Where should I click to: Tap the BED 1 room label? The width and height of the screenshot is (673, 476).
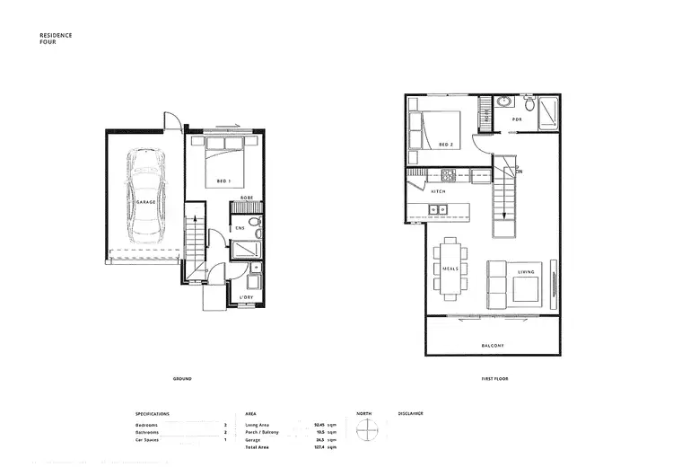(223, 181)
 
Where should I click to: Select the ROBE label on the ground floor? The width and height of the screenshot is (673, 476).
(245, 198)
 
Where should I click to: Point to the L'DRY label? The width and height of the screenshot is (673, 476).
(245, 296)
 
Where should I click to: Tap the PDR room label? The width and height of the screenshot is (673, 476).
(517, 119)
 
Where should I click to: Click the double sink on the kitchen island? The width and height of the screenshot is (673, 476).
(439, 210)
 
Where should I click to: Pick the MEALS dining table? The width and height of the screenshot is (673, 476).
(450, 269)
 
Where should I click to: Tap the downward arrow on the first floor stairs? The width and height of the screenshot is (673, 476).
(504, 214)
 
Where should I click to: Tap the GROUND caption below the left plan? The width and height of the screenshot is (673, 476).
(182, 379)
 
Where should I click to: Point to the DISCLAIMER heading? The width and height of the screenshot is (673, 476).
(411, 414)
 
